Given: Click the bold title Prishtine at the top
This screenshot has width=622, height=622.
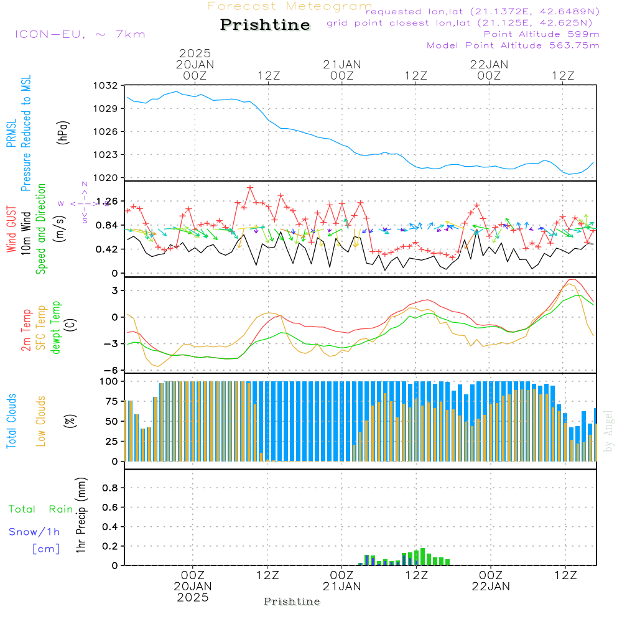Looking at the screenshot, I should coord(265,25).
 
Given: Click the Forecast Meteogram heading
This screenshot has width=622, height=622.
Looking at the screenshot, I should coord(290,7).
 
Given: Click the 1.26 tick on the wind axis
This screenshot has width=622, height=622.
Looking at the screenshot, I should coord(106,201).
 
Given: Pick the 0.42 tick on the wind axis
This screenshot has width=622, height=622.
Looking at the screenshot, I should coord(106,249).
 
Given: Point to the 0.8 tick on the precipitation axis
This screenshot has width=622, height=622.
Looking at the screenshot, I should coord(110,488).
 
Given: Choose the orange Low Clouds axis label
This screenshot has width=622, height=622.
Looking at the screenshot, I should coord(42,421).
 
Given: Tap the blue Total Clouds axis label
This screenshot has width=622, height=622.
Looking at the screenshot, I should coord(11,421).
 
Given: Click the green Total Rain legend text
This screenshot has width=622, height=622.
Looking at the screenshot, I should coord(41,509).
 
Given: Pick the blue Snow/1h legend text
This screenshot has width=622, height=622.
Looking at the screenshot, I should coord(35,532).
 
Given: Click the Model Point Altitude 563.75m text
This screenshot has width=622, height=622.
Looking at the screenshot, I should coord(513,45).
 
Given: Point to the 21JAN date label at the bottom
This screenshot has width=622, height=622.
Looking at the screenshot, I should coord(341,587).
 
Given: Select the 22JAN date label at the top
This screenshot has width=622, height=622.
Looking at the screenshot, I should coord(490,64).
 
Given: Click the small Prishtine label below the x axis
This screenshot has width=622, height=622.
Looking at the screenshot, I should coord(292,601).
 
